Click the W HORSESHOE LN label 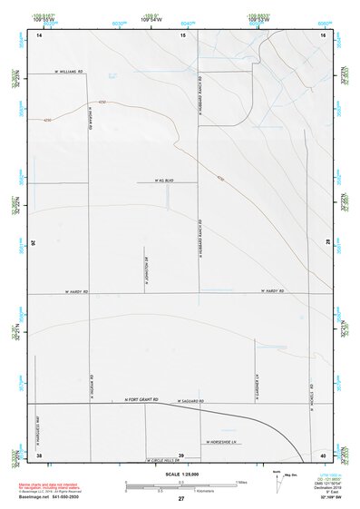point(219,443)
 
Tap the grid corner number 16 point(322,34)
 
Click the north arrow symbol point(277,479)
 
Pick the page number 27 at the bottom point(180,500)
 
